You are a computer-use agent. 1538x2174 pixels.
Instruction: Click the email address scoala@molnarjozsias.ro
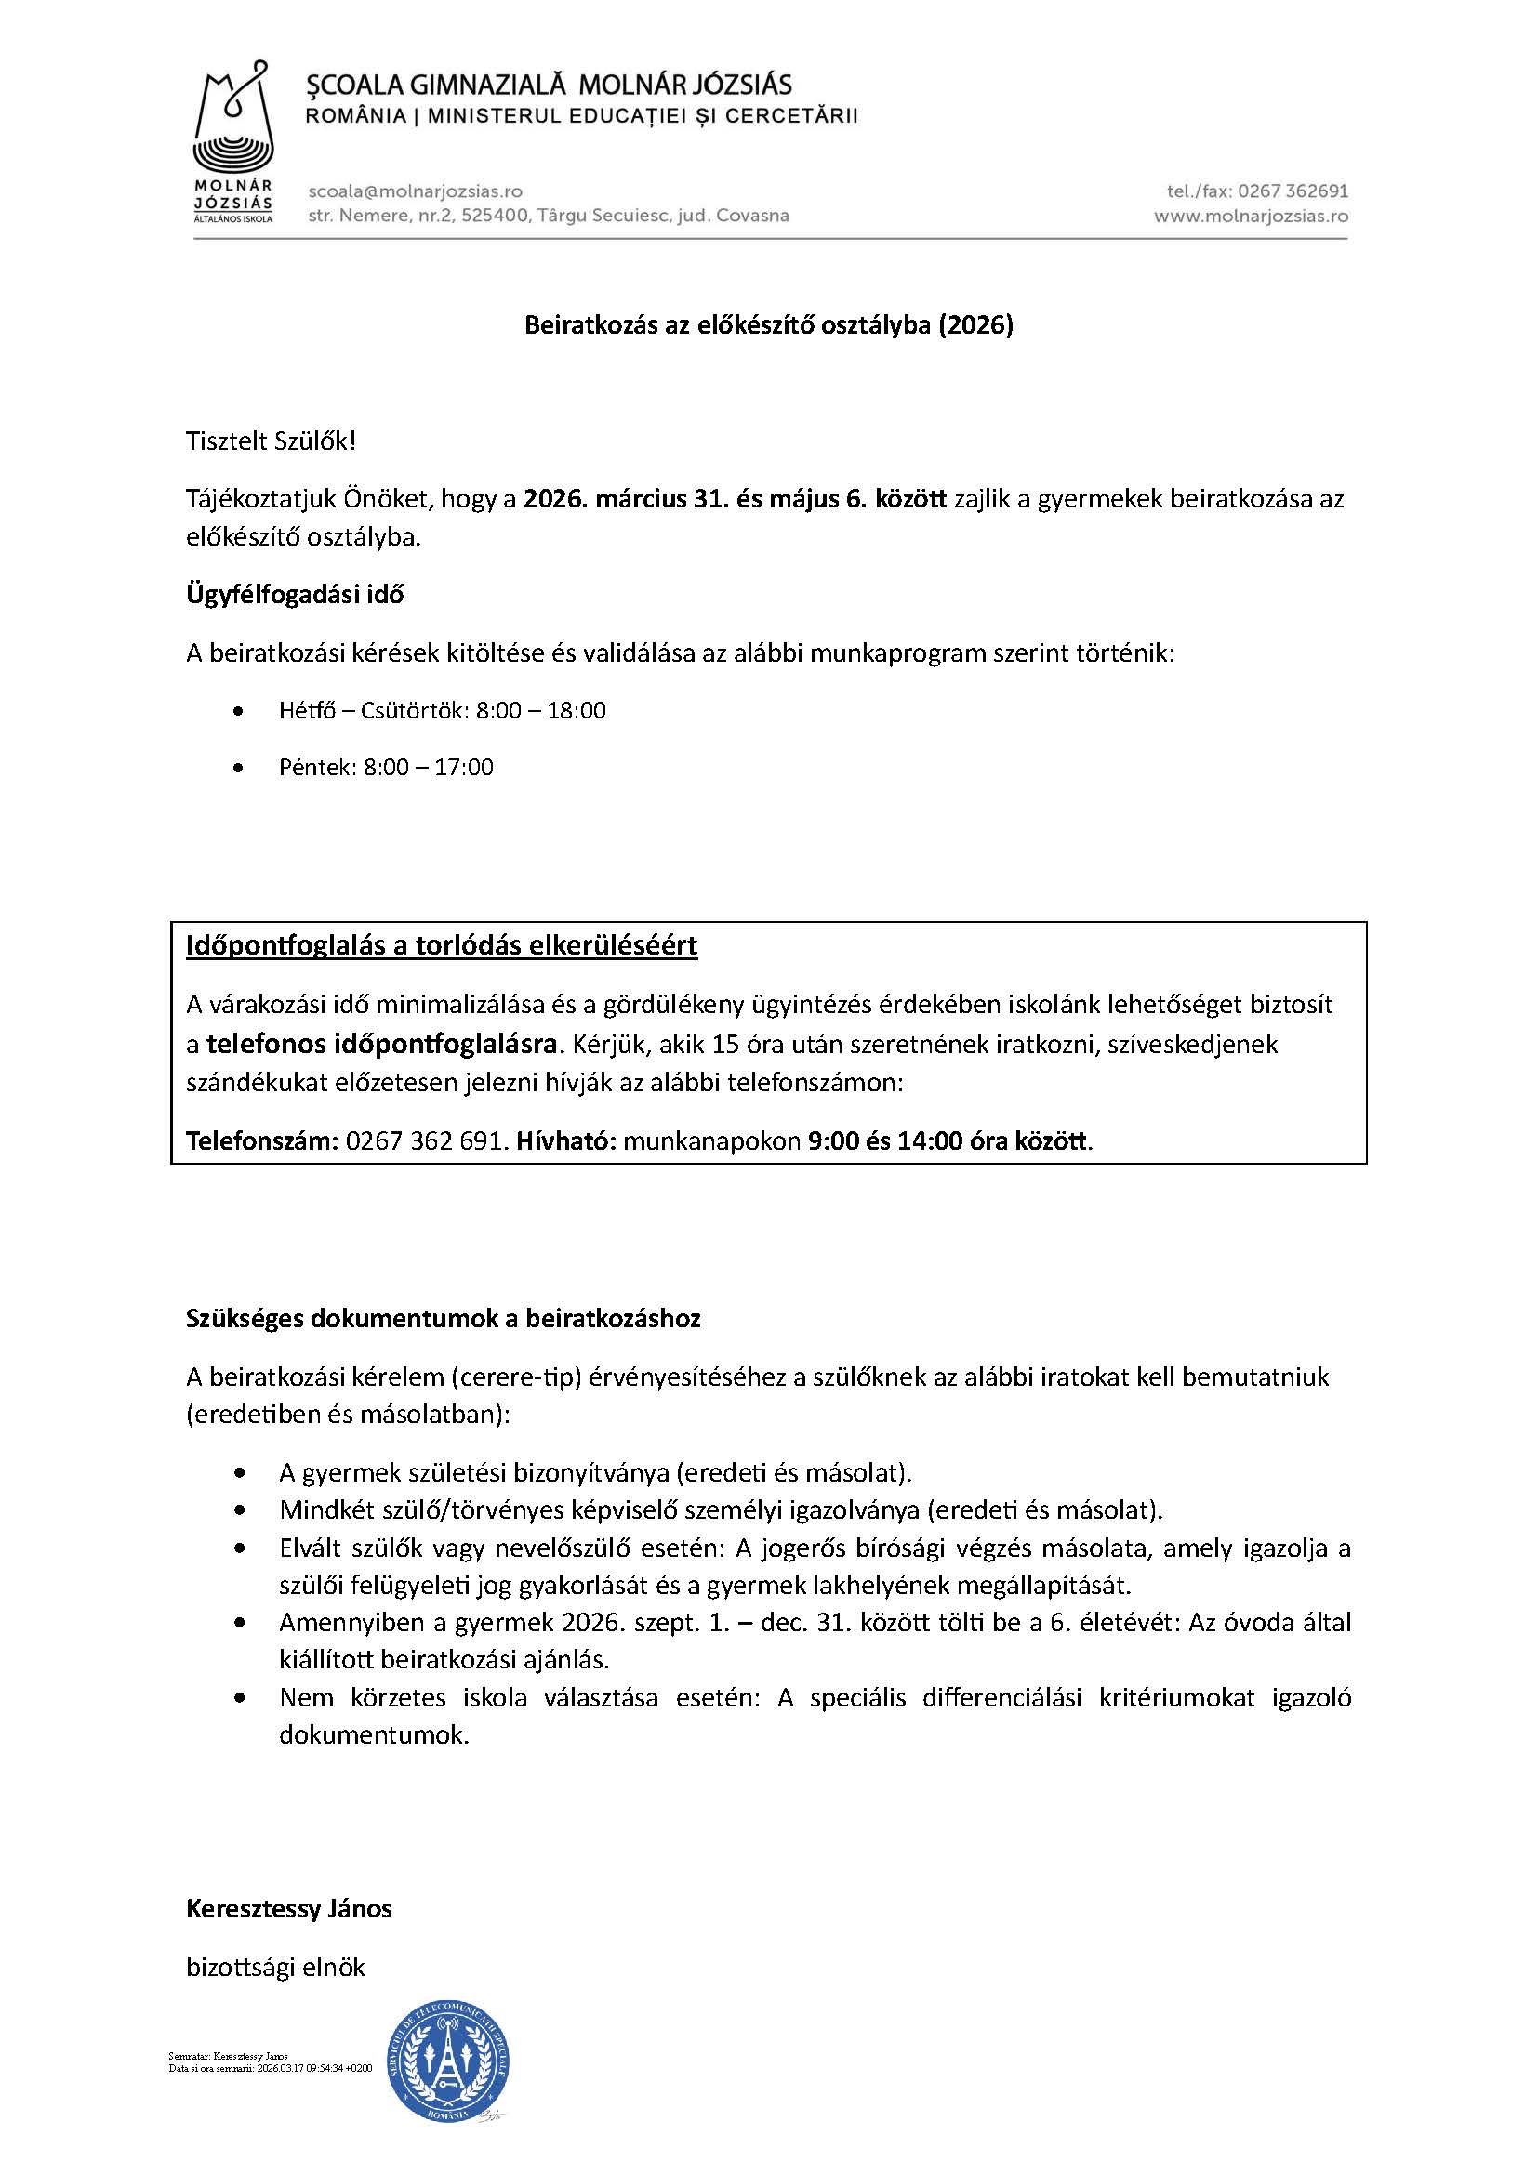pyautogui.click(x=415, y=192)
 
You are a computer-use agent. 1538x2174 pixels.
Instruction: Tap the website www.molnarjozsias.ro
pyautogui.click(x=1250, y=216)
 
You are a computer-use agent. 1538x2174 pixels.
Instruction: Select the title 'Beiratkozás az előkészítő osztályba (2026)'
pyautogui.click(x=769, y=325)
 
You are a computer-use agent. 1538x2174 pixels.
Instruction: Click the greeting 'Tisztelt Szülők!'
pyautogui.click(x=271, y=441)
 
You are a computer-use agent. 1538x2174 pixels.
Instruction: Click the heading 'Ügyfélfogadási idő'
pyautogui.click(x=295, y=595)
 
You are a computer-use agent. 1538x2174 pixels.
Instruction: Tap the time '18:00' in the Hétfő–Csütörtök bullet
pyautogui.click(x=577, y=710)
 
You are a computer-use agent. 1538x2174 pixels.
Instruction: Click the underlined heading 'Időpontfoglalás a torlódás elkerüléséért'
pyautogui.click(x=442, y=946)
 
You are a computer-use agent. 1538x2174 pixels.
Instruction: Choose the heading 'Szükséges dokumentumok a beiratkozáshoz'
pyautogui.click(x=444, y=1319)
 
